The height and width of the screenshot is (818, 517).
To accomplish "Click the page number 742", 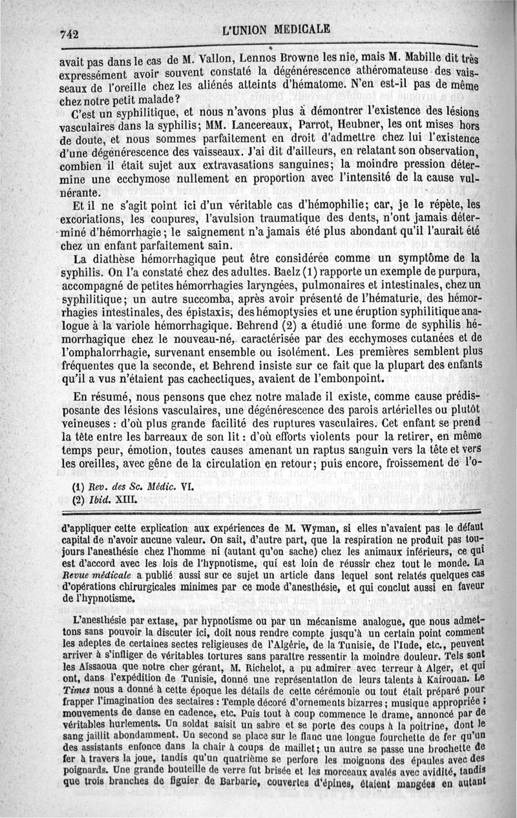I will [69, 36].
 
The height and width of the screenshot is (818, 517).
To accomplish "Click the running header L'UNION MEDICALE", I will [276, 30].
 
